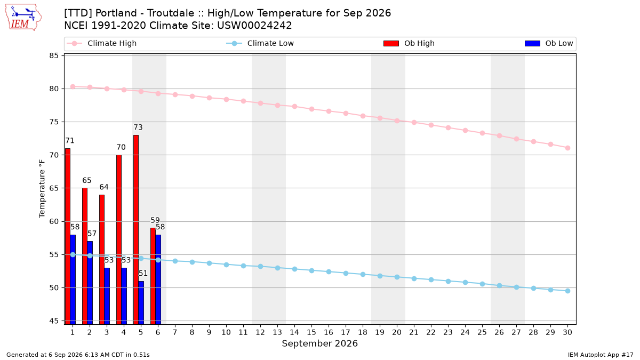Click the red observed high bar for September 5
(x=136, y=230)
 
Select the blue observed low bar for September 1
(x=73, y=279)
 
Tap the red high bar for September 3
(x=102, y=259)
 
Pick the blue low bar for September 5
(x=141, y=303)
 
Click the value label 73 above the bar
(x=138, y=127)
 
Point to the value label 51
(x=143, y=274)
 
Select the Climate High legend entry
(x=102, y=43)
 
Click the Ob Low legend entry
(x=549, y=43)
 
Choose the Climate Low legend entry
(x=260, y=43)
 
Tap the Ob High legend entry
(x=409, y=43)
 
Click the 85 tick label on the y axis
(x=54, y=55)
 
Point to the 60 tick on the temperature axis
(x=54, y=221)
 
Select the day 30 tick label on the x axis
(x=567, y=332)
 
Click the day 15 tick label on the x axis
(x=311, y=332)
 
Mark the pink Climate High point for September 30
(x=567, y=148)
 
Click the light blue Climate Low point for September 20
(x=397, y=277)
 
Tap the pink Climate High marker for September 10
(x=226, y=99)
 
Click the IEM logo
(x=23, y=18)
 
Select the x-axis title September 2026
(x=319, y=343)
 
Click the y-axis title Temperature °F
(x=42, y=189)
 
